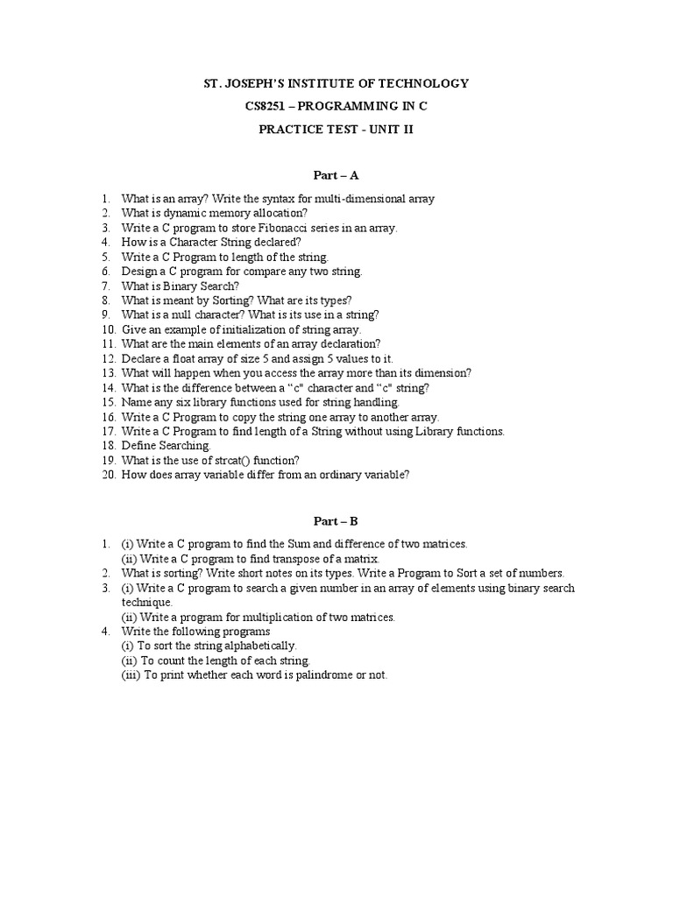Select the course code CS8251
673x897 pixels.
tap(268, 106)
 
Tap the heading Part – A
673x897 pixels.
tap(336, 175)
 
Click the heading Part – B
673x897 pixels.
tap(336, 520)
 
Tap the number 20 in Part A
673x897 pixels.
tap(108, 475)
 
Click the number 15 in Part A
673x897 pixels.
tap(108, 402)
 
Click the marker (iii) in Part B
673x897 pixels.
tap(130, 675)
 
